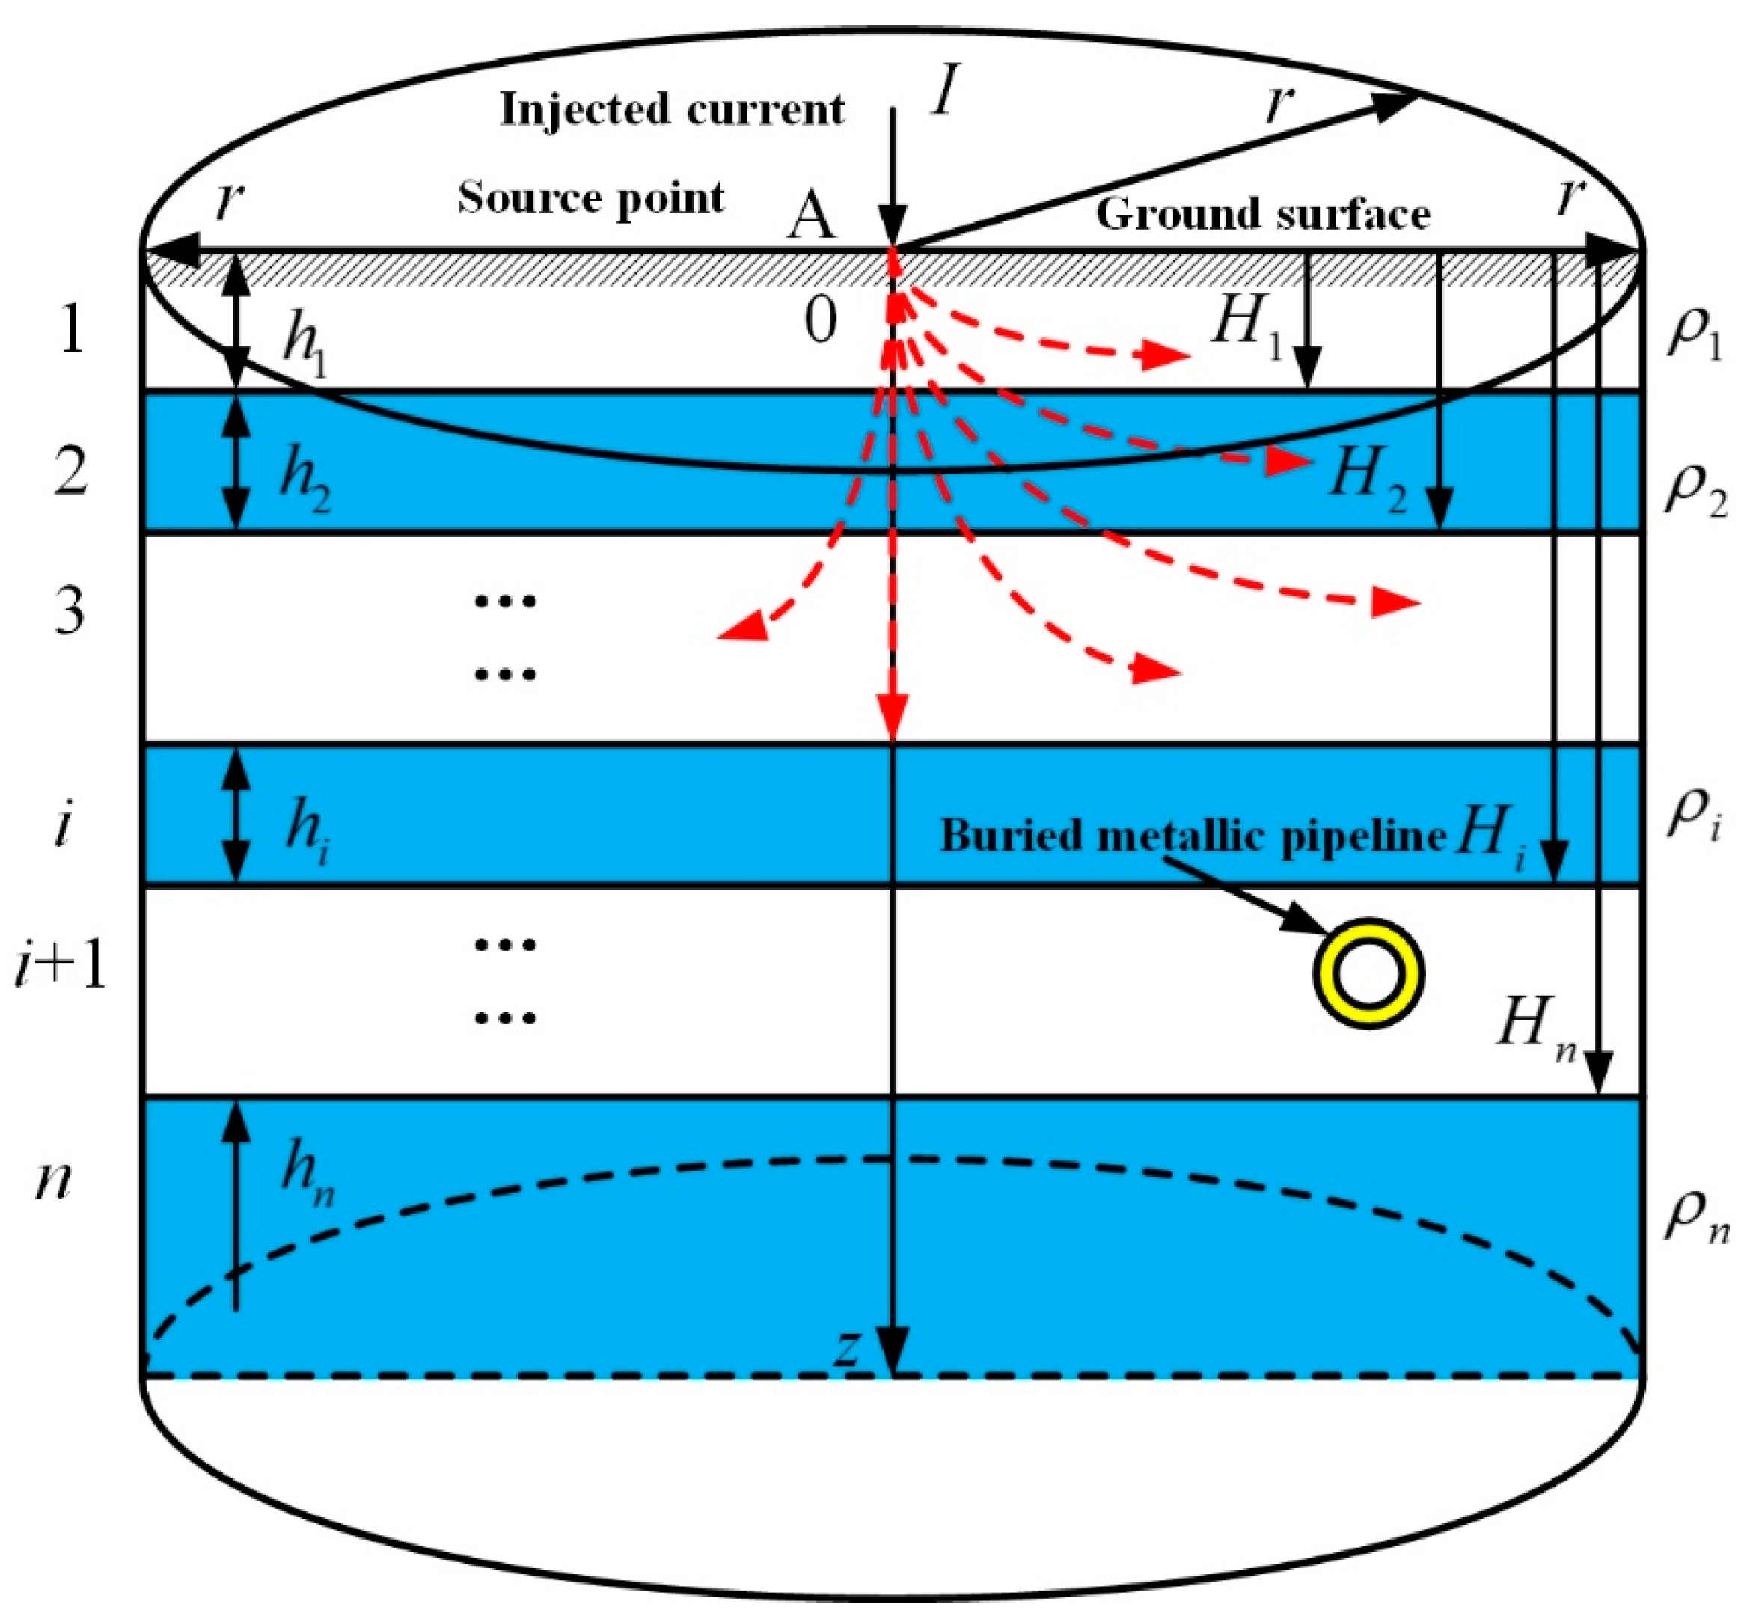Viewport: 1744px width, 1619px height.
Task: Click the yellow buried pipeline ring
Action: [1366, 973]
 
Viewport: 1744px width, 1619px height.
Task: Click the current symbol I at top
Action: [944, 92]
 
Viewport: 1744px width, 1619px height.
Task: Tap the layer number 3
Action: [70, 610]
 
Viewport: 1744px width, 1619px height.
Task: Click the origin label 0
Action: [820, 322]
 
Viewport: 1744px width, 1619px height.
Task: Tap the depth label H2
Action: [1366, 477]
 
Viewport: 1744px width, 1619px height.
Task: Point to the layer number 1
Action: [72, 331]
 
